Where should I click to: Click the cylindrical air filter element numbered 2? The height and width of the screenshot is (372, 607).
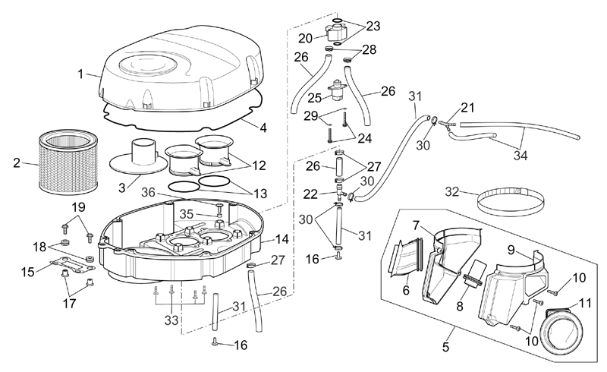click(68, 162)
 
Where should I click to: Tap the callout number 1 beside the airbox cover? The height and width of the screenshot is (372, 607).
click(80, 74)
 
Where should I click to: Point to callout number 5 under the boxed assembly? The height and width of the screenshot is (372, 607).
click(445, 347)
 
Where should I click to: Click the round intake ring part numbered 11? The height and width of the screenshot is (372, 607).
click(562, 334)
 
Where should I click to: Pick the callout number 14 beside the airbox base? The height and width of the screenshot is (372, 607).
click(282, 239)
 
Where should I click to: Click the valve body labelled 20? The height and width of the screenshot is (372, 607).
click(335, 32)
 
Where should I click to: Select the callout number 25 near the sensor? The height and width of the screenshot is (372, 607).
click(315, 98)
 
